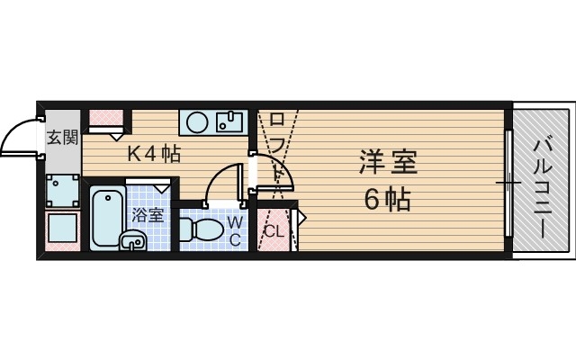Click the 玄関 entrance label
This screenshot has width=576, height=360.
[x=62, y=138]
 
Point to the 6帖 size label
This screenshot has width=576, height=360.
[x=387, y=200]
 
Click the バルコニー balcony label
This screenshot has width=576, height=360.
[x=544, y=186]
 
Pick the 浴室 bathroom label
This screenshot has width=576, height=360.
[x=148, y=215]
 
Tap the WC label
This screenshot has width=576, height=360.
[x=232, y=229]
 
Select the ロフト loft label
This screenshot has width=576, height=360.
[x=277, y=143]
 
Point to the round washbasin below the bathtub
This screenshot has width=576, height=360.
[x=133, y=240]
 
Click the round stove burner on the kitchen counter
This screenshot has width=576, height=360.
[x=197, y=121]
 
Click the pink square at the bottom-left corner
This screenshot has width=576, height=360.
[x=61, y=231]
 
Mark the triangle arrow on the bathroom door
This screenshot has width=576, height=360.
[x=161, y=188]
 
